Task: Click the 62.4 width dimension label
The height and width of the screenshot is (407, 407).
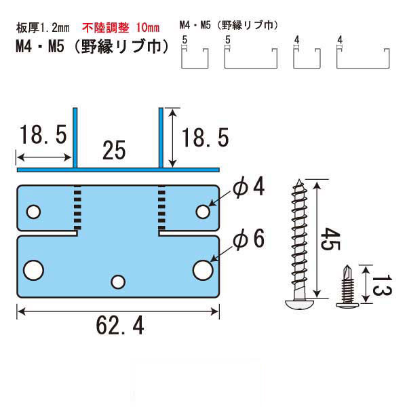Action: tap(120, 326)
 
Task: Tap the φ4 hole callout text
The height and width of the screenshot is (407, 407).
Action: tap(249, 187)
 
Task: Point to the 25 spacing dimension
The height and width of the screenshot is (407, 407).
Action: tap(114, 151)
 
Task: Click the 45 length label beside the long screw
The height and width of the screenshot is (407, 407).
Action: tap(330, 239)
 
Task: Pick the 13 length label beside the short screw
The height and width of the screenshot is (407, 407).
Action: tap(382, 285)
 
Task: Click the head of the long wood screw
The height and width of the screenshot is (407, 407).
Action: tap(300, 304)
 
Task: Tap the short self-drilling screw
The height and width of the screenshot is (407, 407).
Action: tap(347, 286)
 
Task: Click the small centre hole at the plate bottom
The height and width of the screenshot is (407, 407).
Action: tap(118, 282)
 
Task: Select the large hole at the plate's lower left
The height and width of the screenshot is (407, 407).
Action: tap(33, 270)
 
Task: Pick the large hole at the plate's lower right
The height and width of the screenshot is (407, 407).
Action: tap(203, 270)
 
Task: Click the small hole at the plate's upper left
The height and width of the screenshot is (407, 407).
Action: tap(33, 212)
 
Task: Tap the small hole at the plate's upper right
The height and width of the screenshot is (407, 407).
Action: tap(203, 212)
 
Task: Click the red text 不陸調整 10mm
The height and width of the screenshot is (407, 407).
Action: tap(121, 28)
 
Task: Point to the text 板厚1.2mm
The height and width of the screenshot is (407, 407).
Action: tap(43, 28)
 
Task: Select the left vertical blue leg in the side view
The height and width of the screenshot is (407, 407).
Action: tap(75, 138)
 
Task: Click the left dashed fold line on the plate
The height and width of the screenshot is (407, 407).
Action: tap(77, 208)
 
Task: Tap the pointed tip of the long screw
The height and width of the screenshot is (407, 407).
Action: tap(299, 180)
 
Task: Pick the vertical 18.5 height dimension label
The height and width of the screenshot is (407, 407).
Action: tap(205, 138)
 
